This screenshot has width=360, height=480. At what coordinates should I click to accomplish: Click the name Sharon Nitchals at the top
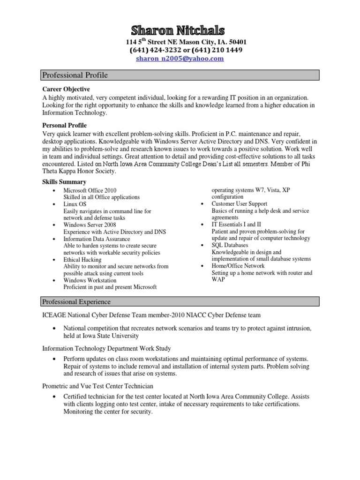coord(178,31)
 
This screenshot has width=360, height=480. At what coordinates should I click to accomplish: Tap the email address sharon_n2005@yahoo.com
coord(180,59)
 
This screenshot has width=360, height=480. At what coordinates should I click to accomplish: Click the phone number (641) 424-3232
coord(153,50)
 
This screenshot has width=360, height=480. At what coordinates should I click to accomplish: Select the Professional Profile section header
coord(75,75)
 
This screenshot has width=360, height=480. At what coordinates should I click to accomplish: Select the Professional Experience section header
coord(76,301)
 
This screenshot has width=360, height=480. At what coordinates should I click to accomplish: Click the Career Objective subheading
coord(66,89)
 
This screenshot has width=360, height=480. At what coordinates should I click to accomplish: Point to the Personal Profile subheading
coord(64,126)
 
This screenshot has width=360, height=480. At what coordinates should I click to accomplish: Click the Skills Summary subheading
coord(64,182)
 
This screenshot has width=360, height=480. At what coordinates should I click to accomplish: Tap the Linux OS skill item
coord(75,204)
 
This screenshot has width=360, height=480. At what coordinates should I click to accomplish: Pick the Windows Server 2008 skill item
coord(90,225)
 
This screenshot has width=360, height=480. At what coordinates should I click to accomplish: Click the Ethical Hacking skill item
coord(82,259)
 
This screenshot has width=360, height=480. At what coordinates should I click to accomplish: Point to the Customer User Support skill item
coord(239,204)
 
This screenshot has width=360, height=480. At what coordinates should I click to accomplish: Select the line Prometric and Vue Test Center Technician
coord(97,386)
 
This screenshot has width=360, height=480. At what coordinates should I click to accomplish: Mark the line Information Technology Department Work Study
coord(106,348)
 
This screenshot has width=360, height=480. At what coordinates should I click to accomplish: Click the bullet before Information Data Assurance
coord(55,239)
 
